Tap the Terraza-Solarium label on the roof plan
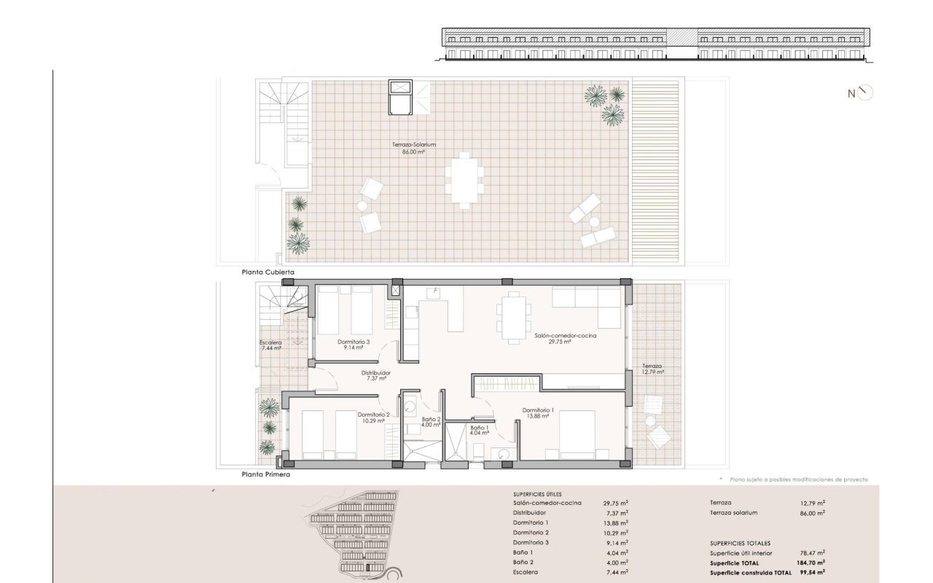pyautogui.click(x=413, y=145)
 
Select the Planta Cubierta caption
pyautogui.click(x=268, y=273)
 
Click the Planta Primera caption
pyautogui.click(x=266, y=474)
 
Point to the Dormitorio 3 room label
pyautogui.click(x=354, y=342)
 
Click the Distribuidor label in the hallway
pyautogui.click(x=375, y=373)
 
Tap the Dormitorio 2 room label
pyautogui.click(x=374, y=415)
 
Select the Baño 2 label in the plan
pyautogui.click(x=431, y=419)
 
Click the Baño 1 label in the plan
pyautogui.click(x=480, y=428)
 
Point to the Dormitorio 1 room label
pyautogui.click(x=538, y=410)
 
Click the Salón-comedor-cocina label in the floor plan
pyautogui.click(x=566, y=336)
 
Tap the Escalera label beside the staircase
pyautogui.click(x=270, y=343)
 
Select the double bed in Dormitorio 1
pyautogui.click(x=577, y=435)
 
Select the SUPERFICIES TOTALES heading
pyautogui.click(x=740, y=544)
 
